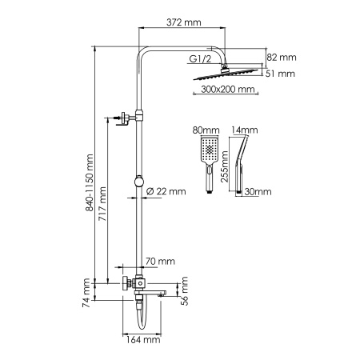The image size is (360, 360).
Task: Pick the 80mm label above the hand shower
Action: [206, 130]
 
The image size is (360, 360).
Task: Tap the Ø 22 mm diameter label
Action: [166, 191]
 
